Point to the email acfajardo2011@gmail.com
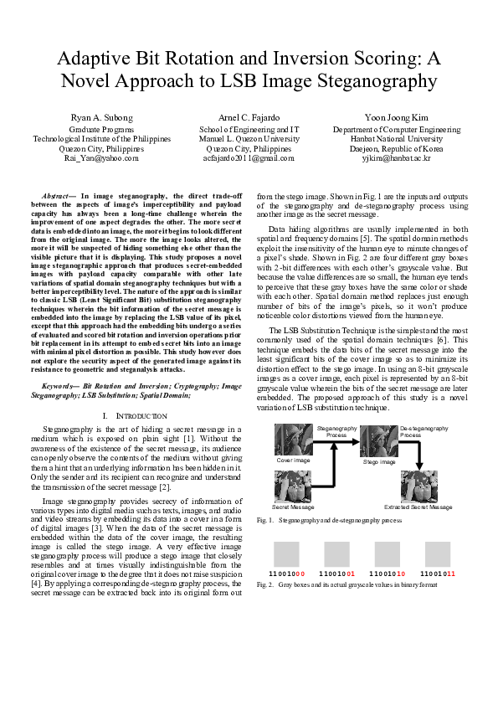point(249,157)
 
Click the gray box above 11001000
point(287,553)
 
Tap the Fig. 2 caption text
point(358,584)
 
